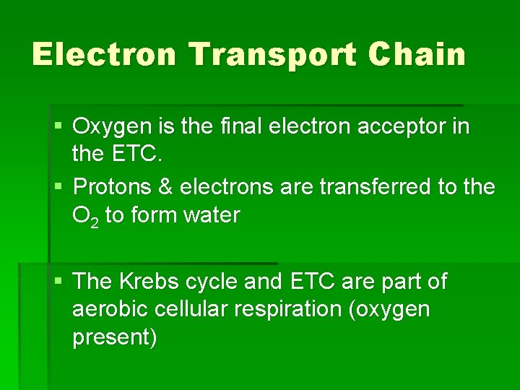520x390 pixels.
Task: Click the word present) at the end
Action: [x=115, y=337]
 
